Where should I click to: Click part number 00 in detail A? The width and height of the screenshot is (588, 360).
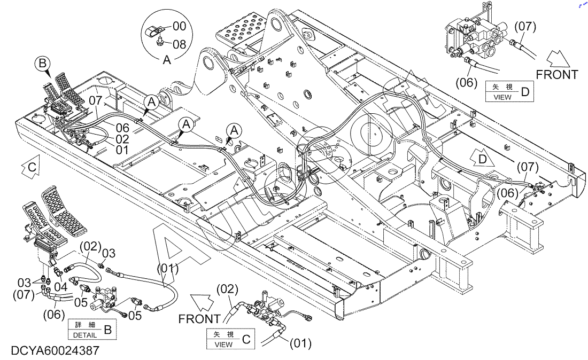pyautogui.click(x=180, y=26)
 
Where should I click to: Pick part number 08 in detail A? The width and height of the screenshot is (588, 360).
pyautogui.click(x=180, y=45)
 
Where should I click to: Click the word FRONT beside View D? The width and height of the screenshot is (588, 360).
pyautogui.click(x=558, y=75)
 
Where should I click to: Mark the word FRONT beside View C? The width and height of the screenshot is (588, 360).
pyautogui.click(x=199, y=319)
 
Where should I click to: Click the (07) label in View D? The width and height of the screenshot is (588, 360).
pyautogui.click(x=525, y=26)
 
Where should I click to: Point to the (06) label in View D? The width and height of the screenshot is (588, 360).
pyautogui.click(x=465, y=82)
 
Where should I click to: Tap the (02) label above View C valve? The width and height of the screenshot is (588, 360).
pyautogui.click(x=227, y=289)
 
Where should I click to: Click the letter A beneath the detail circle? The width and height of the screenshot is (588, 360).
pyautogui.click(x=167, y=60)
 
